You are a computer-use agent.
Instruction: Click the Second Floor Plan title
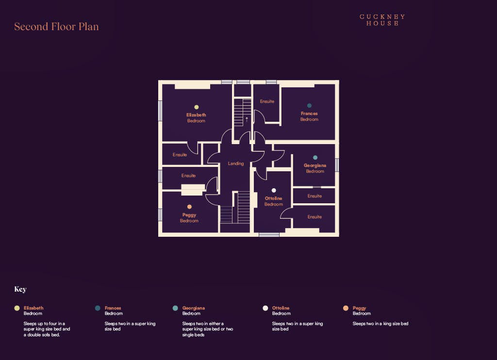[x=56, y=27]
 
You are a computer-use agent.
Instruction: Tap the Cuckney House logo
[x=382, y=20]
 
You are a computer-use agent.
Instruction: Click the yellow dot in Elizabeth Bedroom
[x=197, y=107]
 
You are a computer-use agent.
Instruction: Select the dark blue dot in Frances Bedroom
[x=309, y=106]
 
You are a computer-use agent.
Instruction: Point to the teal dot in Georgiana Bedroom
[x=315, y=158]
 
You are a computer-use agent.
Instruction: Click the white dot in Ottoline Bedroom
[x=274, y=191]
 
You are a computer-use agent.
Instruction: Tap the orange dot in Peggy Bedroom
[x=190, y=207]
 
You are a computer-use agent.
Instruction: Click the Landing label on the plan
[x=236, y=164]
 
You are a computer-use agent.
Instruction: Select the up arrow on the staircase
[x=247, y=120]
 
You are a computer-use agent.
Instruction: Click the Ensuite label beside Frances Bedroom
[x=267, y=101]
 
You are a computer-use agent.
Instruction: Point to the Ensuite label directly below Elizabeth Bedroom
[x=180, y=155]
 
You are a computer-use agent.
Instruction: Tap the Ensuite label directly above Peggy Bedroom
[x=189, y=176]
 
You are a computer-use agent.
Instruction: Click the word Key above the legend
[x=20, y=289]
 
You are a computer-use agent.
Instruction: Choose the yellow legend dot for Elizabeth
[x=17, y=308]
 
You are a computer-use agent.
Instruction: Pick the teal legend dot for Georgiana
[x=175, y=308]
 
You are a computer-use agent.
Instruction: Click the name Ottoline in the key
[x=281, y=308]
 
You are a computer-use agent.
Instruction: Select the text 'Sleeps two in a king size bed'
[x=381, y=324]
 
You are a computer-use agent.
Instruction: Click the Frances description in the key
[x=130, y=327]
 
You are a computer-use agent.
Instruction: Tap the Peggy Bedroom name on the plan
[x=189, y=218]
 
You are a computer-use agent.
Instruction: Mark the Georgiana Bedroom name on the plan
[x=315, y=168]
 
